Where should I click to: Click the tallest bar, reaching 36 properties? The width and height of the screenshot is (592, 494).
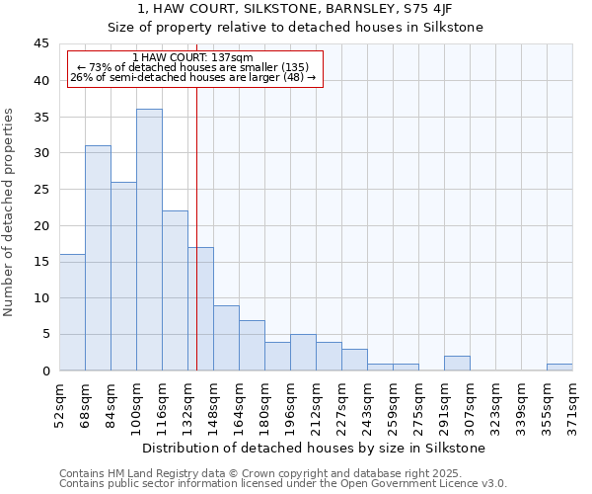tap(149, 240)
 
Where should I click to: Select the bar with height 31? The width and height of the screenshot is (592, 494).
tap(98, 258)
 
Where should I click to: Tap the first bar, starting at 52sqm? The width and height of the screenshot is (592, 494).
tap(72, 312)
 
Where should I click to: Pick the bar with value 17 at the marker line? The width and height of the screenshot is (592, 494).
tap(200, 308)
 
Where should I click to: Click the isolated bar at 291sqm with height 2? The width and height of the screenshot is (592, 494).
tap(457, 364)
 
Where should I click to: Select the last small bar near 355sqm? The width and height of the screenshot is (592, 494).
tap(559, 368)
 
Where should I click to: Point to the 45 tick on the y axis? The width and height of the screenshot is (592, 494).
tap(41, 44)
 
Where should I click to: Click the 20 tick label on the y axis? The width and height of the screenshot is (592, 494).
tap(41, 225)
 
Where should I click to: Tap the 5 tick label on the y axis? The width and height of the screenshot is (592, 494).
tap(45, 334)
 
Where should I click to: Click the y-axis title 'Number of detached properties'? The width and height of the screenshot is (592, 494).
tap(10, 212)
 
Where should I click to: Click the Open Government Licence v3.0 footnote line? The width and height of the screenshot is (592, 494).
tap(283, 484)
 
